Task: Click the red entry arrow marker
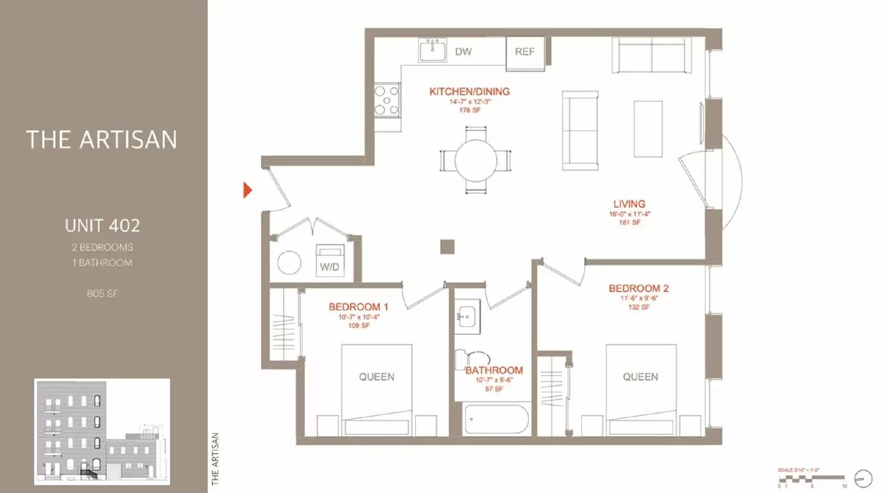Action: tap(248, 190)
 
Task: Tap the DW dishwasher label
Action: tap(463, 51)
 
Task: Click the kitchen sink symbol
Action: tap(432, 51)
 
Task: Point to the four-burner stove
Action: tap(387, 99)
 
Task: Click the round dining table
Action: tap(476, 160)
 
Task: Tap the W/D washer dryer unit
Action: tap(330, 261)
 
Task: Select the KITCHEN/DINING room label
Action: tap(470, 92)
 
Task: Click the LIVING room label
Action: tap(629, 204)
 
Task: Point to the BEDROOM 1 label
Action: tap(358, 307)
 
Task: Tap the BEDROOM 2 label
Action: tap(639, 288)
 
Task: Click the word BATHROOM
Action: tap(494, 370)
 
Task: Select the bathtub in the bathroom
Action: tap(496, 420)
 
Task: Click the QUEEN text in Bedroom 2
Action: tap(640, 377)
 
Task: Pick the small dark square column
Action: tap(448, 247)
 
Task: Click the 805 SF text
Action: tap(102, 294)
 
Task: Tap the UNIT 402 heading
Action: tap(102, 225)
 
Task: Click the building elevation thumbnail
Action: tap(102, 432)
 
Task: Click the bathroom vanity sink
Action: tap(467, 317)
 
